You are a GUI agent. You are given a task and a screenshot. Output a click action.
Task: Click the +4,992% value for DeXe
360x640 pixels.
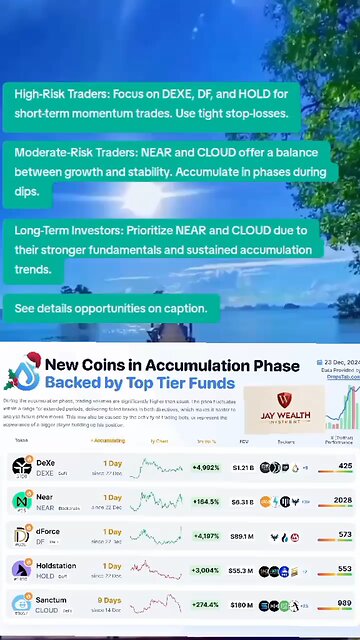pos(207,466)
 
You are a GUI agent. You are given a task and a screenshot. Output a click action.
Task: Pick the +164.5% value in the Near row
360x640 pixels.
pos(207,500)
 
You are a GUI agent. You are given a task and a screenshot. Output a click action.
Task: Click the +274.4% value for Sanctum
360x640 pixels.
pos(207,604)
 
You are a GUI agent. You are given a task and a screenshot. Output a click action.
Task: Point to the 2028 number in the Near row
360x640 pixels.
pos(342,500)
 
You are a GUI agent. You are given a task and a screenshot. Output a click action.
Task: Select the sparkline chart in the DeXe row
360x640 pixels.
pos(156,466)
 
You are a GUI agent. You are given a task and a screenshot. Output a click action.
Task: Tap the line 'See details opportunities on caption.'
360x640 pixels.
pos(110,309)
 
